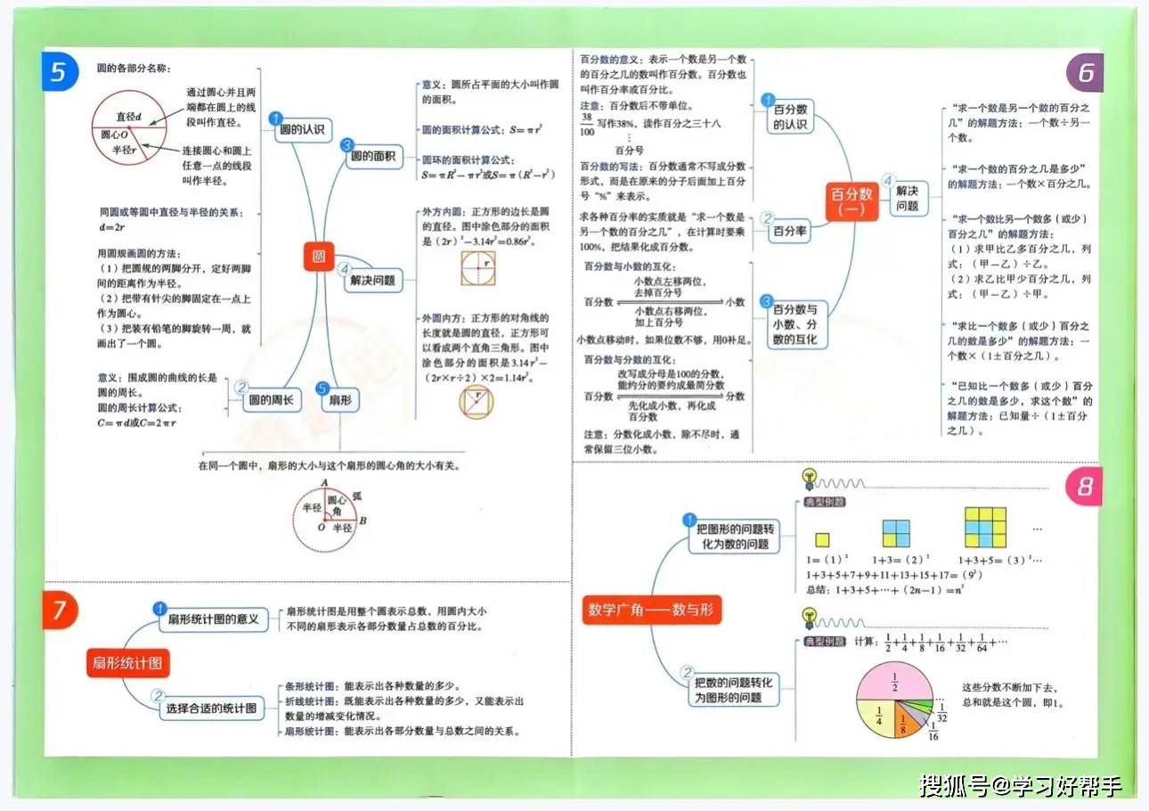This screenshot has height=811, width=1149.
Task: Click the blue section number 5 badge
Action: (59, 72)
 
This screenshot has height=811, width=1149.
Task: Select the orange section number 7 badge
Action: (59, 610)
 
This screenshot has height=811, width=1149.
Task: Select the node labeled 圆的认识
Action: (302, 130)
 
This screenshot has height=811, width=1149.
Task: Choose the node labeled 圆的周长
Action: (273, 401)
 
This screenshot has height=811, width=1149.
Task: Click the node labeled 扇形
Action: (339, 401)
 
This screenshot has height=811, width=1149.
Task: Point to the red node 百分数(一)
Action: (852, 201)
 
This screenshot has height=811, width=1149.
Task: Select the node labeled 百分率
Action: (789, 231)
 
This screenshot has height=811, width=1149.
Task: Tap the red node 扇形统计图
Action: (128, 662)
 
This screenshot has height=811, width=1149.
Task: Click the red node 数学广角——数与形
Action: (652, 610)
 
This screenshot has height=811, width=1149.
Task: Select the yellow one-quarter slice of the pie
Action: (878, 715)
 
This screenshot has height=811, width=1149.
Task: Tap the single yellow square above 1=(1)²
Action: (822, 539)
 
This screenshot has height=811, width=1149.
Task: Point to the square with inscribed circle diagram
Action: (477, 267)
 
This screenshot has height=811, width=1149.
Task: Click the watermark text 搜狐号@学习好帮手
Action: (1021, 786)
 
